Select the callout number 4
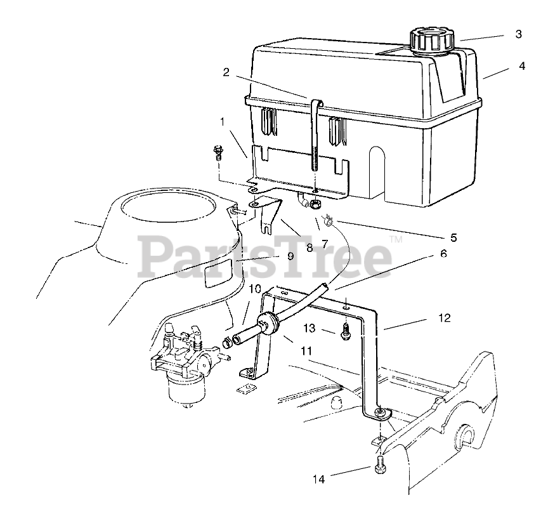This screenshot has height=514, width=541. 521,65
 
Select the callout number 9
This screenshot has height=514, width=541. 290,256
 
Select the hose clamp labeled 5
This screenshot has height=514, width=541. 329,221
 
